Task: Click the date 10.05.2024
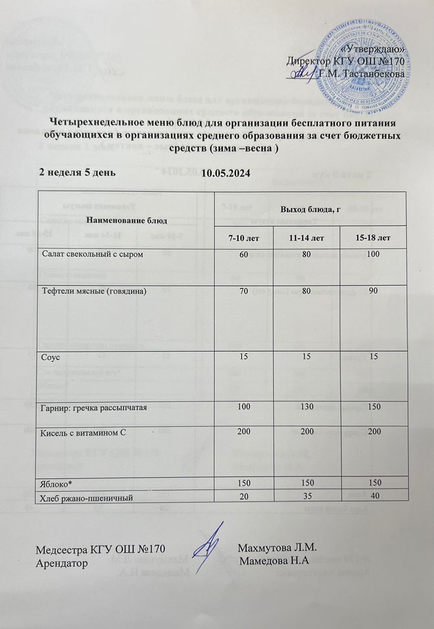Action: [226, 173]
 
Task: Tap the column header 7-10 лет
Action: [244, 238]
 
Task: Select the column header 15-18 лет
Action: [376, 238]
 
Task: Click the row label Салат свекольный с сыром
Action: [93, 254]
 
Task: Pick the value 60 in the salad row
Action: [244, 255]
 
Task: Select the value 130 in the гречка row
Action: [310, 408]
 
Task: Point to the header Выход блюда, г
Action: [310, 210]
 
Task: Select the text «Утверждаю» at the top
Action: [374, 49]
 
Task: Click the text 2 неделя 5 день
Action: [78, 173]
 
